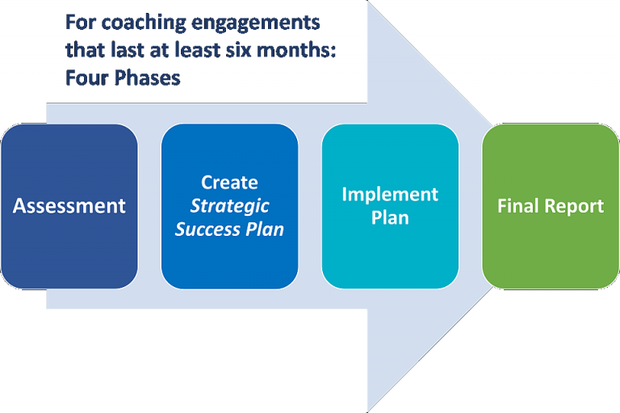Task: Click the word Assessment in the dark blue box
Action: pyautogui.click(x=69, y=206)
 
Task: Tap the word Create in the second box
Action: pyautogui.click(x=229, y=183)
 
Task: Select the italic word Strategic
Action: pyautogui.click(x=229, y=206)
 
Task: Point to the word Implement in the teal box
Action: pyautogui.click(x=390, y=195)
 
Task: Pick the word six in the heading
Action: pyautogui.click(x=246, y=50)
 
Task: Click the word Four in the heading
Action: pyautogui.click(x=84, y=79)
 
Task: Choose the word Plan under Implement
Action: pyautogui.click(x=390, y=218)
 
